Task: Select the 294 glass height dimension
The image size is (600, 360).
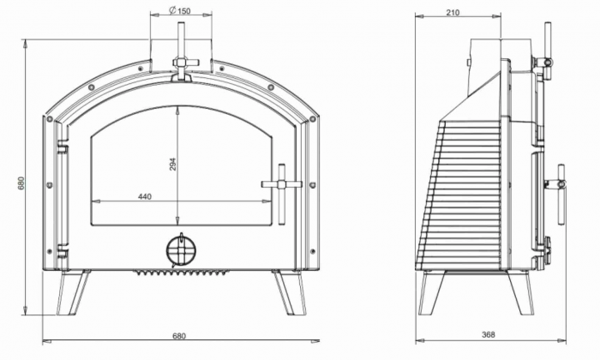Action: click(x=172, y=165)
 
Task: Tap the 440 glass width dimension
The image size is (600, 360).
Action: click(x=144, y=197)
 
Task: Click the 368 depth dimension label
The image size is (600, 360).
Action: click(x=488, y=335)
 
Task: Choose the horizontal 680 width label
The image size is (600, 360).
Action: click(x=178, y=335)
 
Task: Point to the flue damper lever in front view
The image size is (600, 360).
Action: click(x=182, y=51)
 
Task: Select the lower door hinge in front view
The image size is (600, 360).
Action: click(x=61, y=252)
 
